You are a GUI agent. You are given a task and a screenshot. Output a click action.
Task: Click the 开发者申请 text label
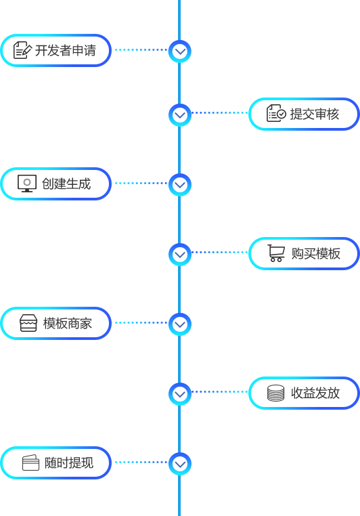66,51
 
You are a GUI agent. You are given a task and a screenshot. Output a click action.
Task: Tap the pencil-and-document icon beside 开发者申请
22,50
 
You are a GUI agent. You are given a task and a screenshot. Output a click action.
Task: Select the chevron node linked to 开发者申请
180,51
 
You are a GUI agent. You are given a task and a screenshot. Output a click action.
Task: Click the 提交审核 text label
314,114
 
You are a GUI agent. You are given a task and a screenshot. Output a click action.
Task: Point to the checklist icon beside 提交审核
276,113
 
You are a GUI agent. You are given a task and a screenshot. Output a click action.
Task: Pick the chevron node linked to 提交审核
180,115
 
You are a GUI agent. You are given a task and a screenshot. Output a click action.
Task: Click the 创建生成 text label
66,184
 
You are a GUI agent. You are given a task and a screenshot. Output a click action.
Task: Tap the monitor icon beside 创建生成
27,184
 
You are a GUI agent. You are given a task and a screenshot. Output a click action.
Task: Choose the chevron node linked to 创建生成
180,185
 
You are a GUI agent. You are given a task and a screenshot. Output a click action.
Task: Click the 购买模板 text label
315,254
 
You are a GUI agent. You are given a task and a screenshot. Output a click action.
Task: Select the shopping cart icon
276,253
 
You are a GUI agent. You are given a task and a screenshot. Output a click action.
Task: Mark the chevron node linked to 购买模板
180,255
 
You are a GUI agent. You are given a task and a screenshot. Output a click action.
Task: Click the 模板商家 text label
68,324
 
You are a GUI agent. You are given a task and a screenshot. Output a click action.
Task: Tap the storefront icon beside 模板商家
28,323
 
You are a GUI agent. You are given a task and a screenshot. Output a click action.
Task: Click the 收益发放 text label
315,393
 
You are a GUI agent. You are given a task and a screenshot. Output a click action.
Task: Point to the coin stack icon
276,393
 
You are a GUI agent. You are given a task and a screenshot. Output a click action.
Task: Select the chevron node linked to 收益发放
180,394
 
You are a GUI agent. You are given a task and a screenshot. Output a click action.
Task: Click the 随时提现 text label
69,463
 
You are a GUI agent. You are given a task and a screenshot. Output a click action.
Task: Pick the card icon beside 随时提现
30,463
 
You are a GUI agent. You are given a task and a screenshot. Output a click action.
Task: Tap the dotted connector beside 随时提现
141,462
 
